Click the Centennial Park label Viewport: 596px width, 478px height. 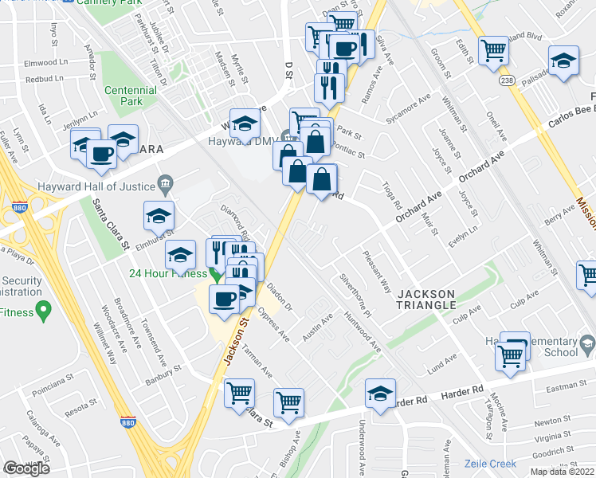coord(132,91)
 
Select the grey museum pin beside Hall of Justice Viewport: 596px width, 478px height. coord(164,186)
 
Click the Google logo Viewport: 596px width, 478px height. coord(26,468)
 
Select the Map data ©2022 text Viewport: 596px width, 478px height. coord(561,472)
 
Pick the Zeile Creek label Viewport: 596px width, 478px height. coord(492,464)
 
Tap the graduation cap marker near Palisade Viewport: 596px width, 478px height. coord(563,62)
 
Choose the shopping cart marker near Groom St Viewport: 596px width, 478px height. coord(493,50)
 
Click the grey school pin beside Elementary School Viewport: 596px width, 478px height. coord(587,344)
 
